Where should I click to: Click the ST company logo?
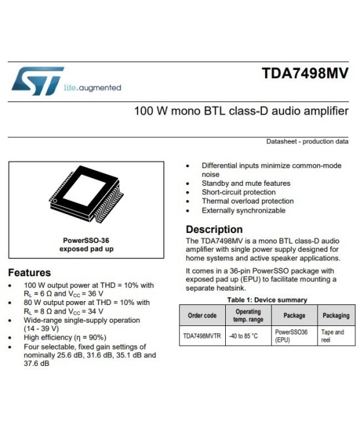click(x=38, y=81)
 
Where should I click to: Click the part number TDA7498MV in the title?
click(x=305, y=73)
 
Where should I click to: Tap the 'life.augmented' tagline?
click(x=92, y=88)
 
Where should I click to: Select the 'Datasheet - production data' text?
click(x=307, y=141)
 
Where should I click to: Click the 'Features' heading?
click(x=29, y=272)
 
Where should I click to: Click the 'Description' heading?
click(x=214, y=230)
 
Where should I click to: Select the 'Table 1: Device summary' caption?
click(x=267, y=300)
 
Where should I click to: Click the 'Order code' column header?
click(x=202, y=315)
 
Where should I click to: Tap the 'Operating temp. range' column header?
click(x=247, y=315)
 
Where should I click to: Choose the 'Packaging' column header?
click(x=336, y=315)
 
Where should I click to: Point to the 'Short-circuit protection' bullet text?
click(x=238, y=192)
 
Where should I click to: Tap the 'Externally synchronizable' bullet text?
click(x=243, y=211)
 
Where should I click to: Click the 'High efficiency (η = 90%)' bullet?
click(x=65, y=338)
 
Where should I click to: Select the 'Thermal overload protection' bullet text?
click(x=247, y=202)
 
